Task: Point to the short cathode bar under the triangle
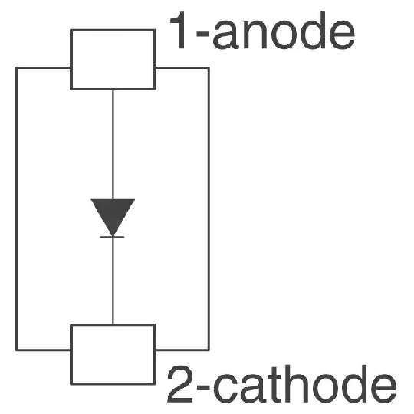(x=112, y=237)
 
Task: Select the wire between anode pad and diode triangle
(x=113, y=144)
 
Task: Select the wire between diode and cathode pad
(x=113, y=281)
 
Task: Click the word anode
(x=284, y=33)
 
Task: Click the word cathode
(x=305, y=383)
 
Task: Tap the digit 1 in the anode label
(x=179, y=31)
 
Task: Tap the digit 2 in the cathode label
(x=180, y=384)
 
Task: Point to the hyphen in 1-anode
(x=202, y=34)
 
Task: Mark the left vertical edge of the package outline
(x=17, y=209)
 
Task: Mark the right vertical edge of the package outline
(x=209, y=209)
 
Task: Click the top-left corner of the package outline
(x=17, y=68)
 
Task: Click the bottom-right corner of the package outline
(x=209, y=350)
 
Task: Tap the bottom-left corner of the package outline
(x=17, y=350)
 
